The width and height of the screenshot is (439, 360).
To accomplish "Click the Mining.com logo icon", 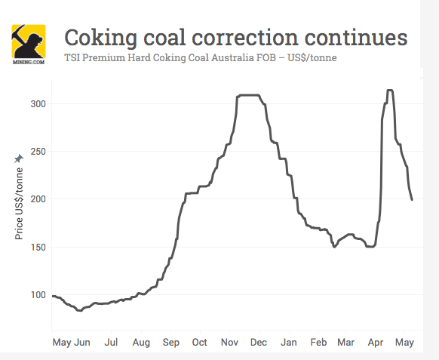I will click(x=28, y=44).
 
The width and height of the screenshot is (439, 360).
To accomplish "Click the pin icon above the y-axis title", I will click(x=20, y=159).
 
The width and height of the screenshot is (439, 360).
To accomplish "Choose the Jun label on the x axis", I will click(x=82, y=342).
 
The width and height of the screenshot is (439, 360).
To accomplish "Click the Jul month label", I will click(x=111, y=342).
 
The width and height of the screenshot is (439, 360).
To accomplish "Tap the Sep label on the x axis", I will click(x=170, y=342).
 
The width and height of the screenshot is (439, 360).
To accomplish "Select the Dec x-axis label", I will click(x=259, y=342).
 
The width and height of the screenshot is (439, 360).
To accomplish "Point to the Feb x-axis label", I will click(x=318, y=342).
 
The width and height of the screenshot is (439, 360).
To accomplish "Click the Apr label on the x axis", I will click(x=376, y=342).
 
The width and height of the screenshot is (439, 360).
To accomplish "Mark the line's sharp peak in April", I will click(x=389, y=91).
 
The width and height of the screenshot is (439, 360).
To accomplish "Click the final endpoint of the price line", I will click(x=412, y=199).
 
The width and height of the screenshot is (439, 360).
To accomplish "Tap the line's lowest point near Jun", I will click(x=79, y=310).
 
